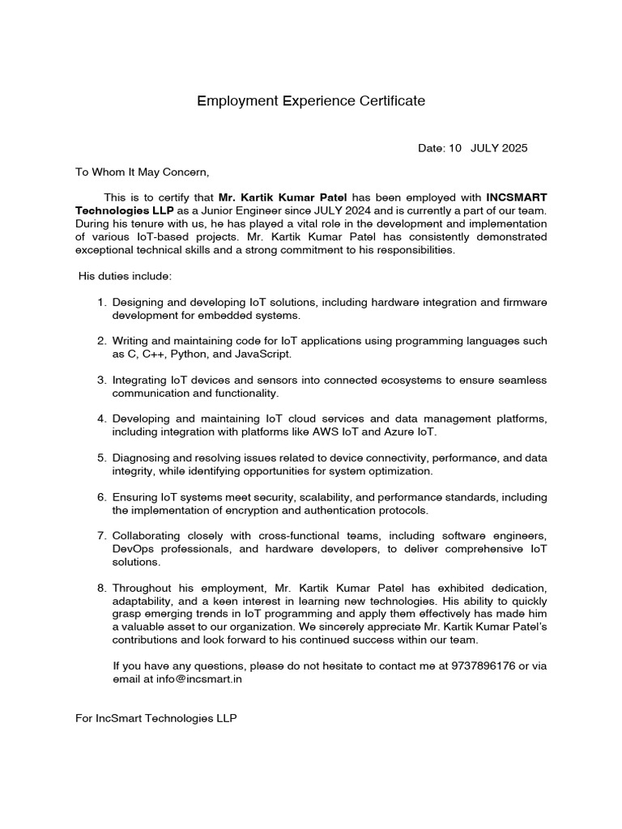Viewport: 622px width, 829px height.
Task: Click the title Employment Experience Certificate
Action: (311, 101)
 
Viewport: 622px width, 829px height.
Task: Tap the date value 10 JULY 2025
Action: (488, 148)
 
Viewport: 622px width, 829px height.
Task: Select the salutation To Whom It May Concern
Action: (142, 172)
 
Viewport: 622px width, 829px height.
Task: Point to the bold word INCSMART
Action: (516, 197)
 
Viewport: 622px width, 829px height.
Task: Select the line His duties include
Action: (125, 276)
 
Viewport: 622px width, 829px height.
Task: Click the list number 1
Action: (101, 302)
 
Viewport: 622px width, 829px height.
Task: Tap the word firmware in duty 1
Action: (525, 302)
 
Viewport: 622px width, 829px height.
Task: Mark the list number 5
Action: (101, 458)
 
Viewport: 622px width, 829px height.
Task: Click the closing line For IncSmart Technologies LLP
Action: (155, 718)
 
